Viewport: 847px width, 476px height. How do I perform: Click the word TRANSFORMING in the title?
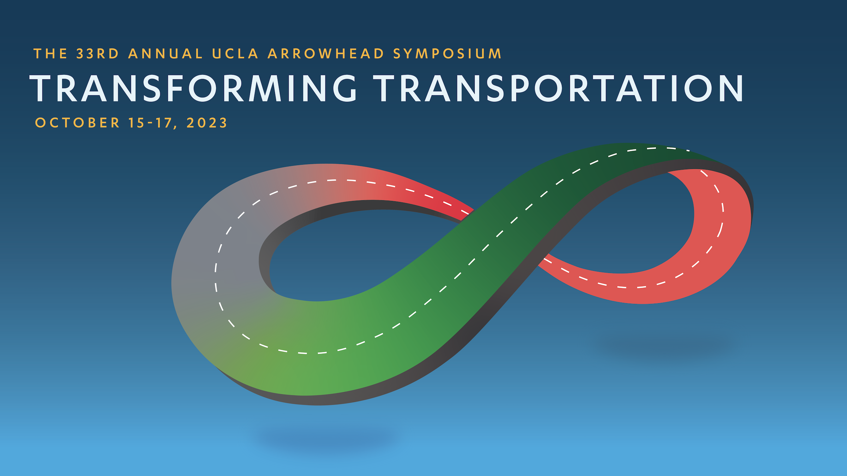(193, 88)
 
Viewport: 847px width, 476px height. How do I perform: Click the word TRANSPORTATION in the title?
(559, 88)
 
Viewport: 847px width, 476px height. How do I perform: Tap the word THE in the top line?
(50, 54)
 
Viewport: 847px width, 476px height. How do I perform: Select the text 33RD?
(98, 54)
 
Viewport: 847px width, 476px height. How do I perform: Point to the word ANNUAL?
(166, 54)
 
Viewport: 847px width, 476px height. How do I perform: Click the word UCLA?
(235, 54)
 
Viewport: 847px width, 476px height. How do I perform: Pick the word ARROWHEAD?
(326, 54)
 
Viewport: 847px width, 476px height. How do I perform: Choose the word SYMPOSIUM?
(447, 54)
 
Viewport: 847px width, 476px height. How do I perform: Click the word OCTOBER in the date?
(77, 123)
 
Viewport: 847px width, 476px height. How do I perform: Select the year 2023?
(207, 123)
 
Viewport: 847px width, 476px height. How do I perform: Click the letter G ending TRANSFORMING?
(344, 88)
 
